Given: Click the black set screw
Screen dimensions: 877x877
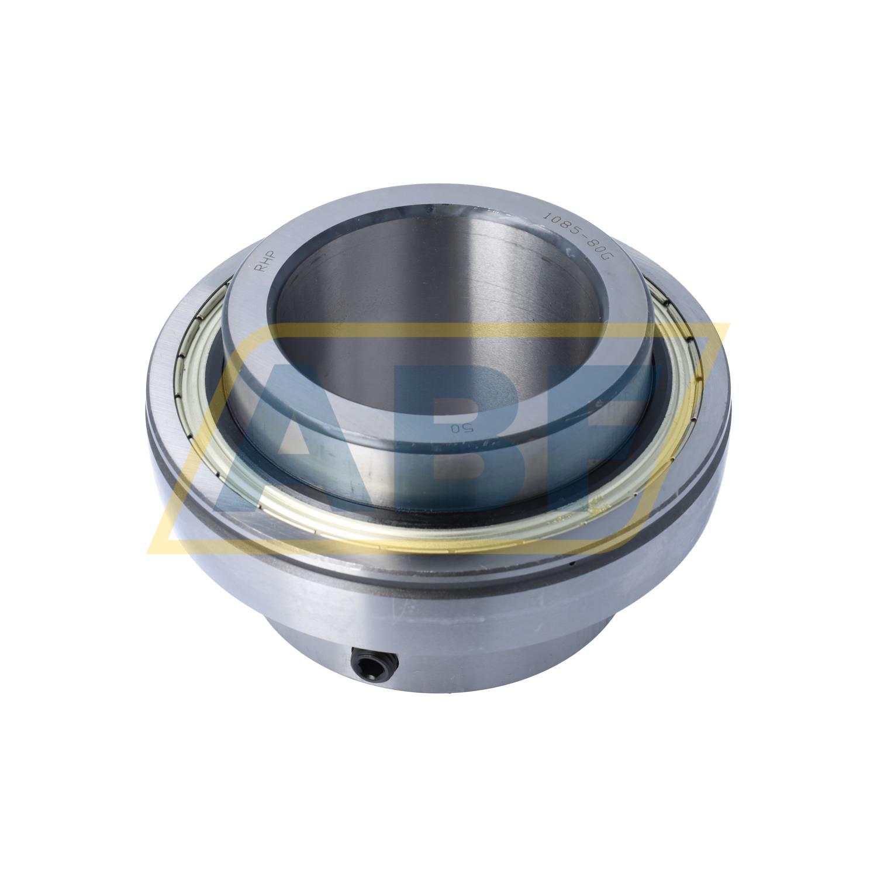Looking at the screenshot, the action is pyautogui.click(x=375, y=664).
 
